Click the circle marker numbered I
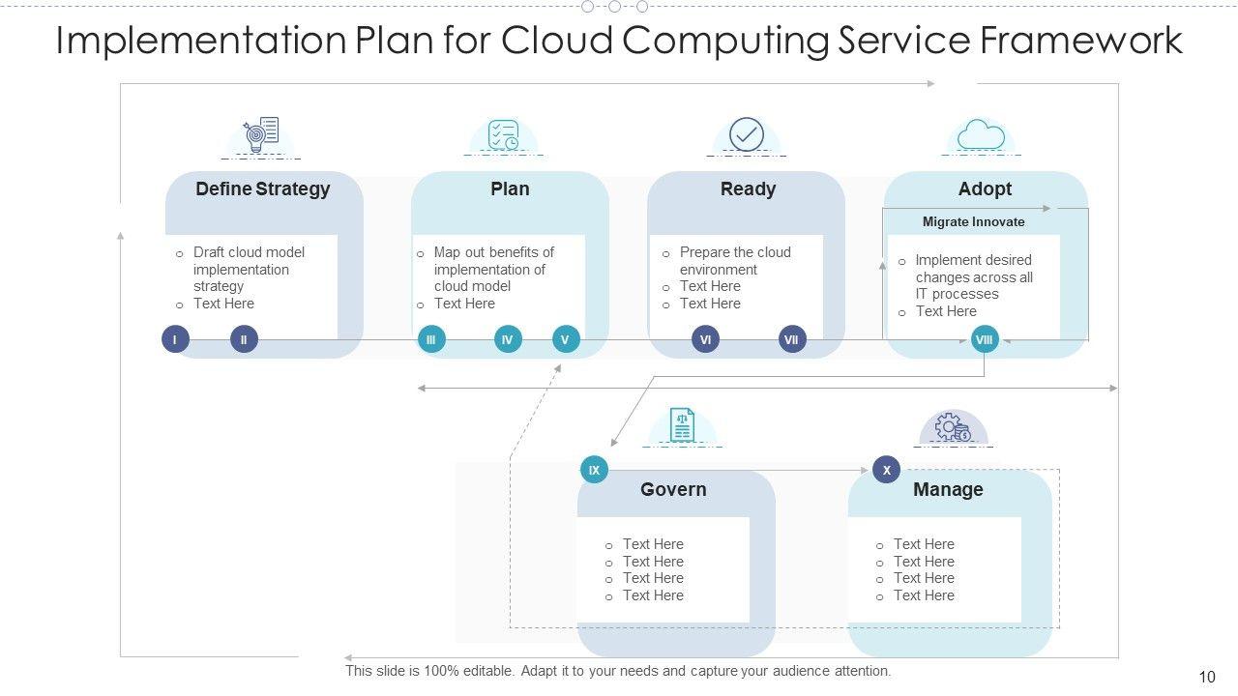click(x=175, y=339)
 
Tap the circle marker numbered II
click(x=244, y=339)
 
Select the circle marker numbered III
click(x=431, y=339)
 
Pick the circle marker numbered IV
click(x=508, y=339)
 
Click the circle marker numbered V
click(x=566, y=339)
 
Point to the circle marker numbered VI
click(x=706, y=339)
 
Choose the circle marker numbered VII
click(x=792, y=339)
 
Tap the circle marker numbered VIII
click(x=985, y=339)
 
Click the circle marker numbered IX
click(x=594, y=471)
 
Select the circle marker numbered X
click(x=887, y=471)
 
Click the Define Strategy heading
click(x=263, y=189)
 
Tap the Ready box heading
click(x=748, y=189)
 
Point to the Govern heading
click(x=673, y=490)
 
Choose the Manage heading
click(x=948, y=490)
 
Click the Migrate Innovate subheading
click(x=973, y=222)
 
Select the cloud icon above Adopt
click(x=982, y=135)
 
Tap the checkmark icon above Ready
click(x=747, y=135)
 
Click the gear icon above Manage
click(x=952, y=427)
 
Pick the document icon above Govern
click(x=683, y=425)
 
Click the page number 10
click(x=1206, y=678)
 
